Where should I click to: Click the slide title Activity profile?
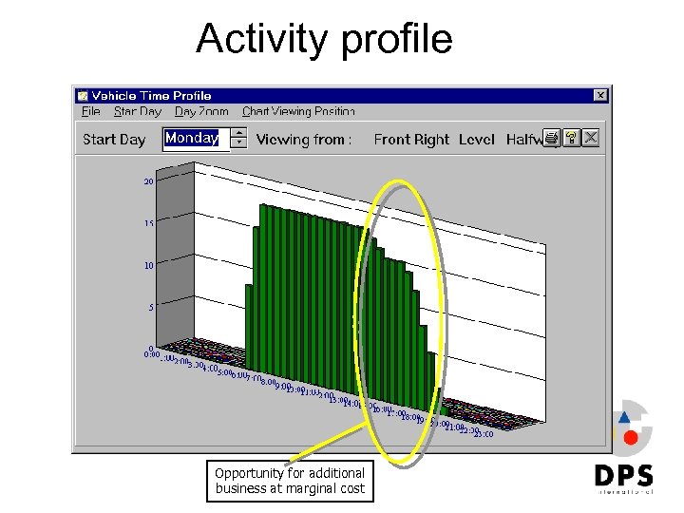pyautogui.click(x=324, y=40)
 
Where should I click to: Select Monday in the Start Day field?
pyautogui.click(x=192, y=139)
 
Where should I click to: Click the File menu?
pyautogui.click(x=91, y=112)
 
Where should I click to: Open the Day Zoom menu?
pyautogui.click(x=201, y=112)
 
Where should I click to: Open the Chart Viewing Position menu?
pyautogui.click(x=298, y=112)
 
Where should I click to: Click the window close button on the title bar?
pyautogui.click(x=600, y=96)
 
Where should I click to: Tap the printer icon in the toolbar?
pyautogui.click(x=552, y=139)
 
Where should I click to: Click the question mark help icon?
pyautogui.click(x=571, y=139)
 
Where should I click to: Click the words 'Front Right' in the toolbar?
pyautogui.click(x=411, y=140)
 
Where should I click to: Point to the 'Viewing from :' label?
pyautogui.click(x=304, y=140)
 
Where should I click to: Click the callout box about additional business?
pyautogui.click(x=290, y=481)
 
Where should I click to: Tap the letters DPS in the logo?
pyautogui.click(x=623, y=474)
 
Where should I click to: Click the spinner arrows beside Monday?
pyautogui.click(x=239, y=139)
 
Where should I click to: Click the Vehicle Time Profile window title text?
pyautogui.click(x=151, y=96)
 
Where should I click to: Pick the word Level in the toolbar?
pyautogui.click(x=477, y=140)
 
